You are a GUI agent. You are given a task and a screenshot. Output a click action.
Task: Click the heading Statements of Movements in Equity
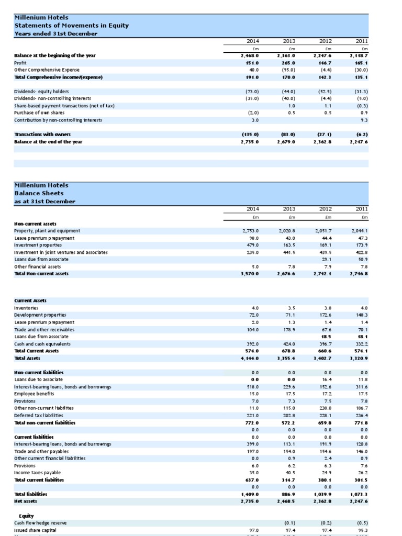(71, 25)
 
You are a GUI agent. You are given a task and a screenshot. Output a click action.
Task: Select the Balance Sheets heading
(46, 193)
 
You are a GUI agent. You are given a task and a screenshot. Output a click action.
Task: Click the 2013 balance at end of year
(286, 141)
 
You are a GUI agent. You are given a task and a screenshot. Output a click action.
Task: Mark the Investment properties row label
(38, 245)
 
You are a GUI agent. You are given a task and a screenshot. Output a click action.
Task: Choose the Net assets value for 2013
(286, 501)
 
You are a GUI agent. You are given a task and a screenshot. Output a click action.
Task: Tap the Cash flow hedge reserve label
(40, 522)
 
